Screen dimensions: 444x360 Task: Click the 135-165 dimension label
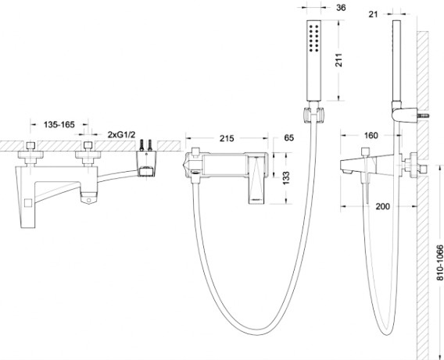click(x=59, y=124)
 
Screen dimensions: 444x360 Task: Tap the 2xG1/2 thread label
click(x=121, y=134)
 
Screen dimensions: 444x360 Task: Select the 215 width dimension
click(x=227, y=138)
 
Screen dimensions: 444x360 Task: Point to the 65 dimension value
click(x=288, y=137)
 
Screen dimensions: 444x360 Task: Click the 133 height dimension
click(x=286, y=178)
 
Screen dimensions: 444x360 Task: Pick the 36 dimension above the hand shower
click(x=341, y=8)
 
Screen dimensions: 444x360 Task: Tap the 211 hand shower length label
click(x=338, y=60)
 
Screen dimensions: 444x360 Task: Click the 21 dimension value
click(x=373, y=14)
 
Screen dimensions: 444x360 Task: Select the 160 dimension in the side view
click(x=371, y=135)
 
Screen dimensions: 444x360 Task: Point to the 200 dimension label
click(x=382, y=206)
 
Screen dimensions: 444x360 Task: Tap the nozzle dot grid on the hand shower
click(x=314, y=38)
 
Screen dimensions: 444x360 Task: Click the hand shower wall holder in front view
click(x=313, y=116)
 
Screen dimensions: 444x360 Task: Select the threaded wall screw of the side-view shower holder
click(x=424, y=116)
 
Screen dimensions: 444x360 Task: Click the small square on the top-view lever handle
click(x=28, y=202)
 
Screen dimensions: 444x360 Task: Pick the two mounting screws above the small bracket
click(x=146, y=145)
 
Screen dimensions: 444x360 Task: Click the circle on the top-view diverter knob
click(x=88, y=200)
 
